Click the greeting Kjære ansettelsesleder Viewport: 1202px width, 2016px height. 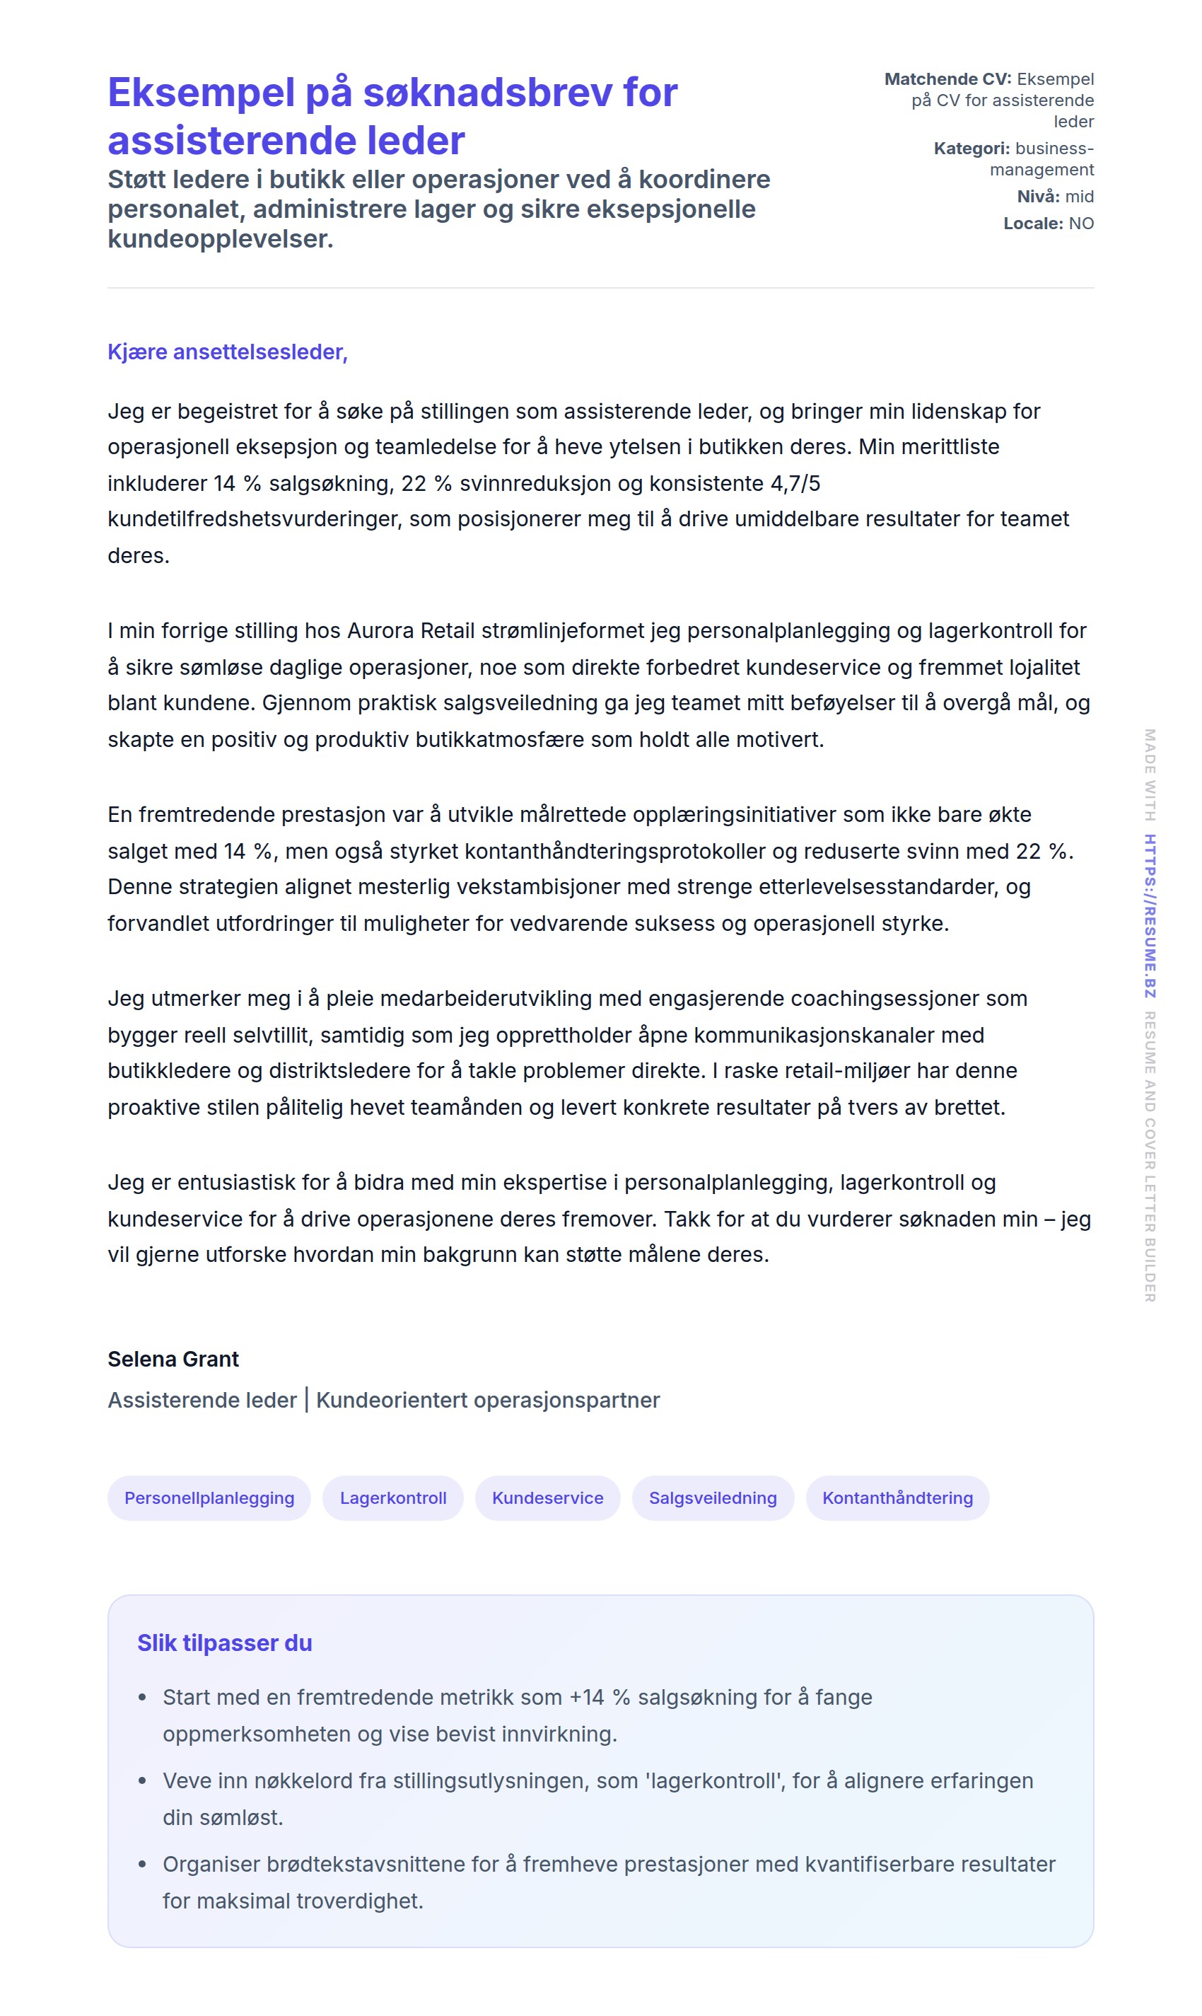pyautogui.click(x=228, y=352)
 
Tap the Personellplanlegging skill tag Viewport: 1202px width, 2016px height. pyautogui.click(x=209, y=1497)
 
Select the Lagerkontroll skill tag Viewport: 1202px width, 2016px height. pyautogui.click(x=393, y=1497)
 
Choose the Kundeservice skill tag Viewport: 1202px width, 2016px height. pyautogui.click(x=547, y=1497)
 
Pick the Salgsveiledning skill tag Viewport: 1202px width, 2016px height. pyautogui.click(x=713, y=1497)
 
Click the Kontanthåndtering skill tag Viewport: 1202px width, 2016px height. pyautogui.click(x=897, y=1497)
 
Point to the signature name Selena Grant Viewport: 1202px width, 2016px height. pyautogui.click(x=173, y=1359)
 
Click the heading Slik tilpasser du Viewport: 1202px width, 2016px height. pyautogui.click(x=224, y=1643)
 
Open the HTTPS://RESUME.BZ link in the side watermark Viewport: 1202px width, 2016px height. pyautogui.click(x=1150, y=915)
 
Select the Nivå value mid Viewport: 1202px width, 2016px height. pyautogui.click(x=1079, y=196)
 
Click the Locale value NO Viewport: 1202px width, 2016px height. pyautogui.click(x=1081, y=223)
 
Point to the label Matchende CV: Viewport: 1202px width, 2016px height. pyautogui.click(x=947, y=79)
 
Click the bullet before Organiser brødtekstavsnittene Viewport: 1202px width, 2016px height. pyautogui.click(x=143, y=1864)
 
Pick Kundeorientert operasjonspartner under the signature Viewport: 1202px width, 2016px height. pyautogui.click(x=488, y=1399)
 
